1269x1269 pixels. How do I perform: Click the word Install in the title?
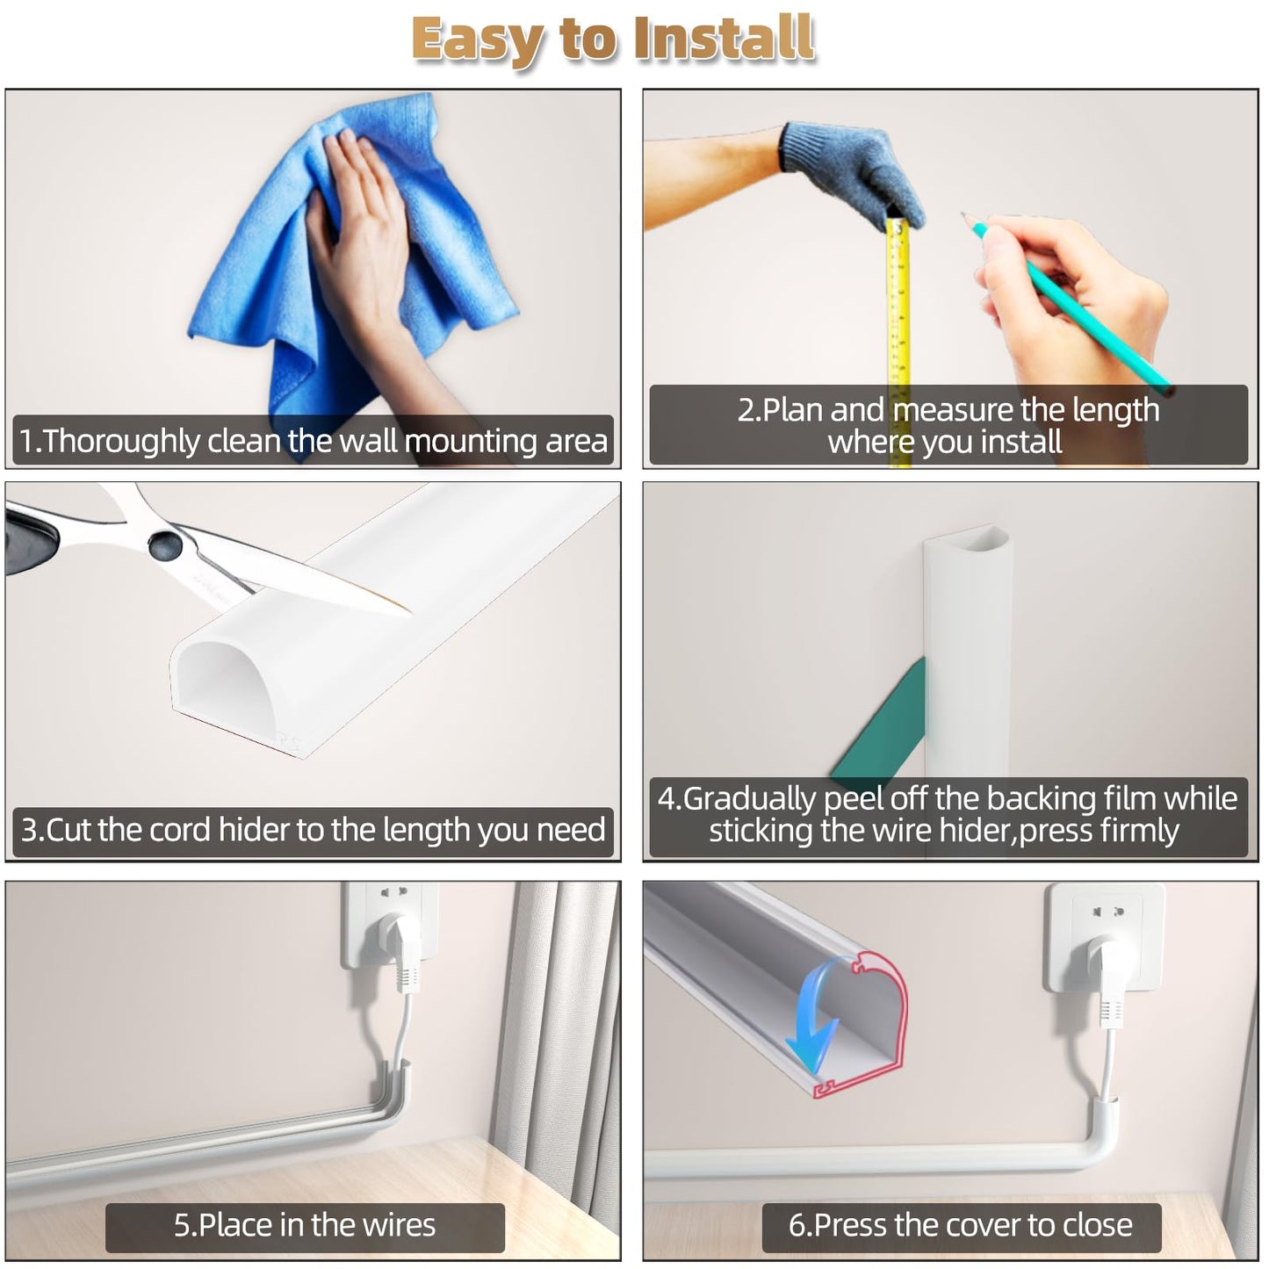pyautogui.click(x=724, y=40)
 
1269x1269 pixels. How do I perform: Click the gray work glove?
pyautogui.click(x=847, y=171)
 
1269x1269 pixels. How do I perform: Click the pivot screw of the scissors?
pyautogui.click(x=164, y=544)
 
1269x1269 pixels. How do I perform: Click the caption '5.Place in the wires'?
pyautogui.click(x=304, y=1225)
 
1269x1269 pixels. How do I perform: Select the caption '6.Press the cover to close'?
pyautogui.click(x=960, y=1225)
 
